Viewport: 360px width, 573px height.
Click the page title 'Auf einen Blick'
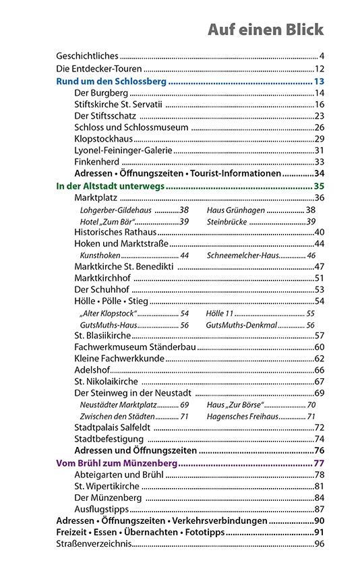pyautogui.click(x=265, y=30)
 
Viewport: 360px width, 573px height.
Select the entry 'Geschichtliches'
pyautogui.click(x=87, y=56)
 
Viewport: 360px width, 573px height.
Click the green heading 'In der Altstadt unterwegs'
pyautogui.click(x=110, y=185)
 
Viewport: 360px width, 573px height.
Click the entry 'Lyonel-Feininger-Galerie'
pyautogui.click(x=123, y=150)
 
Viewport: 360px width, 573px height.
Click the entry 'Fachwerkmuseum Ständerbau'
pyautogui.click(x=135, y=346)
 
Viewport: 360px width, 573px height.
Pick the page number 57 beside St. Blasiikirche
pyautogui.click(x=320, y=335)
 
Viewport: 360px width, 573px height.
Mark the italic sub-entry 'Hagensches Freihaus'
pyautogui.click(x=242, y=416)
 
